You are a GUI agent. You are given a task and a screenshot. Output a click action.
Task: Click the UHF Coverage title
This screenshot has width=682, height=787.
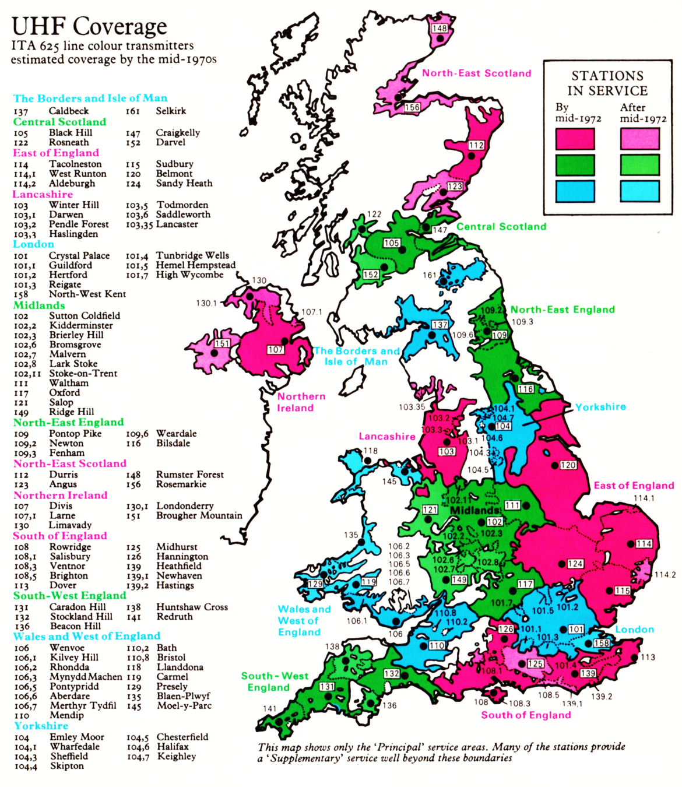point(89,26)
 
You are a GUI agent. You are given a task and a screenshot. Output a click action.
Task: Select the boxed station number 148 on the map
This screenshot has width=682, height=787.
point(440,28)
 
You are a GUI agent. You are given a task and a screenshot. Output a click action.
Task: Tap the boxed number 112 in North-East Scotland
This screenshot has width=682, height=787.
point(476,145)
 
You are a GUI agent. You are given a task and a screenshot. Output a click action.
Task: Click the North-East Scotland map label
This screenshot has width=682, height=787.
point(476,73)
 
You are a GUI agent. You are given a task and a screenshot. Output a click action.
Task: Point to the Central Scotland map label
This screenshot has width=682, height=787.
point(501,227)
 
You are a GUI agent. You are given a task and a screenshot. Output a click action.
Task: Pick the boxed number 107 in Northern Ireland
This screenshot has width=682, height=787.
point(276,350)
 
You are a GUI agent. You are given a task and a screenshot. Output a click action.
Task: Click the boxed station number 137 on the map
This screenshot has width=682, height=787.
point(440,325)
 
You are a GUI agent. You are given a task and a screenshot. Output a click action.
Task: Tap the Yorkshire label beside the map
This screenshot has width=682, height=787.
point(600,407)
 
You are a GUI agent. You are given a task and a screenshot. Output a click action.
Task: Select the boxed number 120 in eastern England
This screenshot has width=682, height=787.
point(568,465)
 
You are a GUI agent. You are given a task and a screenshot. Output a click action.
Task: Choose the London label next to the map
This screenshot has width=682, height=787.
point(634,630)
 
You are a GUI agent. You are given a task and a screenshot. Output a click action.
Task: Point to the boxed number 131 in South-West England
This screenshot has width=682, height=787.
point(327,687)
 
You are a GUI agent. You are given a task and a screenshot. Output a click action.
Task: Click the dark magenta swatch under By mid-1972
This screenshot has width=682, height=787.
point(575,139)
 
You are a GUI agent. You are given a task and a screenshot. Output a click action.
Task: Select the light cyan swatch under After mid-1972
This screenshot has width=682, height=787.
point(639,191)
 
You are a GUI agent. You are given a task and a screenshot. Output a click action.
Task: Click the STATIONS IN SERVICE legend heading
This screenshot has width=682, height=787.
point(607,83)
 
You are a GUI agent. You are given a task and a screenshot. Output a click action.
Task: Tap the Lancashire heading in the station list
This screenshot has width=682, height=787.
point(43,194)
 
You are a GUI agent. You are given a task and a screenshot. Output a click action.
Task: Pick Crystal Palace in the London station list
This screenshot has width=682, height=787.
point(79,255)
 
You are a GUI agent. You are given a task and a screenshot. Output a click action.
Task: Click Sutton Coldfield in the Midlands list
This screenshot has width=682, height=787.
point(85,315)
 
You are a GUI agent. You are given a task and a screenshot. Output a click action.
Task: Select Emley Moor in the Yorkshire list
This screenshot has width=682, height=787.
point(77,737)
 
